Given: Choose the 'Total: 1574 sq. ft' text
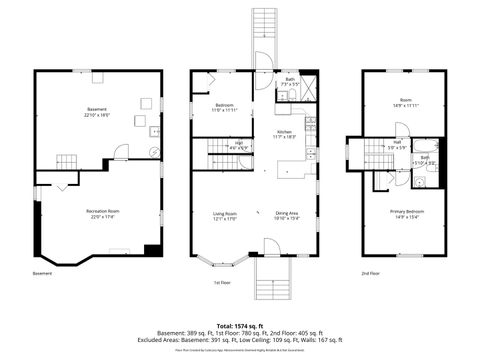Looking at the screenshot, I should [239, 326].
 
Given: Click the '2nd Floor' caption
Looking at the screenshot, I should [371, 272].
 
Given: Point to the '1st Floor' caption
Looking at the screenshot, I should [222, 283].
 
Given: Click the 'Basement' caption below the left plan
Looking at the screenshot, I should [42, 272].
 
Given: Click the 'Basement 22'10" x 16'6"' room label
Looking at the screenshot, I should [97, 113].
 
